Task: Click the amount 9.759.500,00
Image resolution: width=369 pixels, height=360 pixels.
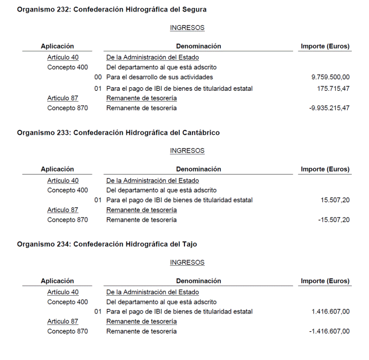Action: pos(330,77)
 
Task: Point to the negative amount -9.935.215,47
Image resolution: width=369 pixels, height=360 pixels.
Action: pos(329,108)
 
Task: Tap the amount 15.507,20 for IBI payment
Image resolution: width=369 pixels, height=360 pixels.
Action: pos(335,200)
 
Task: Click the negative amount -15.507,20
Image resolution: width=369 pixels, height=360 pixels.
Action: pos(334,220)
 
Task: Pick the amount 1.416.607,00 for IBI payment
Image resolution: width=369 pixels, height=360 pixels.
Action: pos(330,312)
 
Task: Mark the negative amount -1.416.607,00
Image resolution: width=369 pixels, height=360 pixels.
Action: pos(329,331)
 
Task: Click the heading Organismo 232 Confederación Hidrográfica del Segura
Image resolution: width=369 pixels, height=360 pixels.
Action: pos(112,10)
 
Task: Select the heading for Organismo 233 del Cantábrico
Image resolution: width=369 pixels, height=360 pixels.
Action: pos(118,133)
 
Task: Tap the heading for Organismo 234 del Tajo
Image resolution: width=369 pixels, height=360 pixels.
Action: pos(107,244)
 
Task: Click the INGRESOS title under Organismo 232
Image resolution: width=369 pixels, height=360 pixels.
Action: pos(187,28)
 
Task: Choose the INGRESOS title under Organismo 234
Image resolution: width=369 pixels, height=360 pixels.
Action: pos(187,262)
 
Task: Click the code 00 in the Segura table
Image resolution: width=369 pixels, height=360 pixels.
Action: pos(98,77)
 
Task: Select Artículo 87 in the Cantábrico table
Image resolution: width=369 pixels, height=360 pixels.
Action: pos(63,210)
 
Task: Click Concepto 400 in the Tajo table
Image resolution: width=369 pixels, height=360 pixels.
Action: pos(68,302)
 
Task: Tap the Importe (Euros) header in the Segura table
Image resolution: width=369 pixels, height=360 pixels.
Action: pos(325,47)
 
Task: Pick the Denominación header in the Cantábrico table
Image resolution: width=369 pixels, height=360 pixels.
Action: pos(198,169)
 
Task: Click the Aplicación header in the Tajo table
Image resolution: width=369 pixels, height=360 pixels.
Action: pos(57,281)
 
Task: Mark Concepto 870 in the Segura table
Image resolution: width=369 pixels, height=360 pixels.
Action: pos(68,108)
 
